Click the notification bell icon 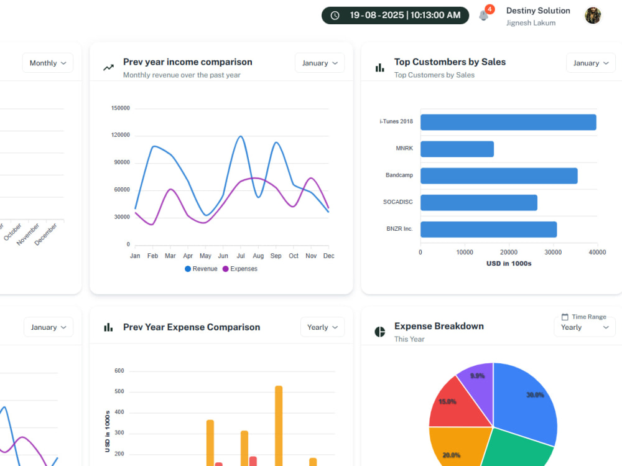(483, 16)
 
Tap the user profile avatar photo (593, 16)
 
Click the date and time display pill (395, 16)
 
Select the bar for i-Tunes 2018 (508, 123)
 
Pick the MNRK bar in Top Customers (457, 149)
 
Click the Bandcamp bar (499, 176)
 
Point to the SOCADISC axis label (398, 202)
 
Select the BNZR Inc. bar (489, 230)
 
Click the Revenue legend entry (201, 269)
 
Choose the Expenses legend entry (240, 269)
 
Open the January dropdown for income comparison (320, 63)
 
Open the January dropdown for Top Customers (591, 63)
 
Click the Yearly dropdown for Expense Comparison (322, 327)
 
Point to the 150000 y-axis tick (121, 108)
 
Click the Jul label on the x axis (241, 256)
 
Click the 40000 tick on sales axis (597, 253)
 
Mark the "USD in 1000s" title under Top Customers (509, 264)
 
